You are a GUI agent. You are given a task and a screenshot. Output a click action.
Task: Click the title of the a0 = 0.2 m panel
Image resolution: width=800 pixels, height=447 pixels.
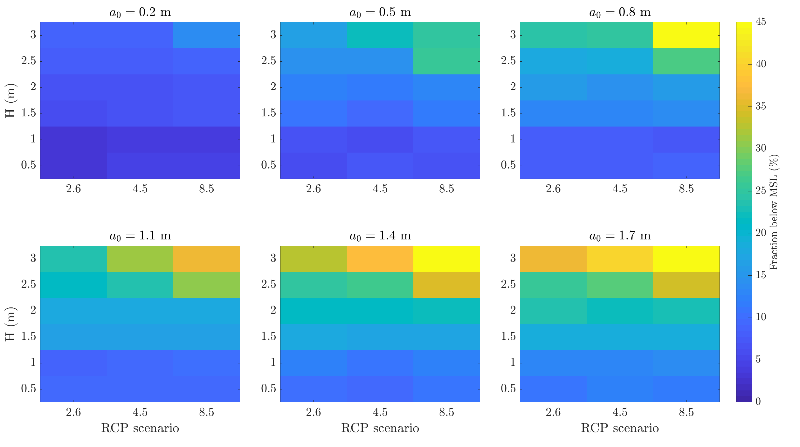pos(140,13)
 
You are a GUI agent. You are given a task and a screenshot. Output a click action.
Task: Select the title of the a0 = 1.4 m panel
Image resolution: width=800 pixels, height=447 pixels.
pos(380,236)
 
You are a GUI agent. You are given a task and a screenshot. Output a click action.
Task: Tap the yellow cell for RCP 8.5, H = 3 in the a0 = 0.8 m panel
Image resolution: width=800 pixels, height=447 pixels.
pos(686,35)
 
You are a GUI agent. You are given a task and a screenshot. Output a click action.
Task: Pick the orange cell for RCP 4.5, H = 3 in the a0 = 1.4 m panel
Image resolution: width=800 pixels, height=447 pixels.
pos(380,259)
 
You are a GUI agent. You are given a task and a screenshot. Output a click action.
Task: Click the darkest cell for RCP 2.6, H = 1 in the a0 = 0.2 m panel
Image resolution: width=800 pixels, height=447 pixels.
pos(73,140)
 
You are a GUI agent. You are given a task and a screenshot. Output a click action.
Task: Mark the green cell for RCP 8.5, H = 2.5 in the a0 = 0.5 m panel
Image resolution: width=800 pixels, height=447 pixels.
pos(446,61)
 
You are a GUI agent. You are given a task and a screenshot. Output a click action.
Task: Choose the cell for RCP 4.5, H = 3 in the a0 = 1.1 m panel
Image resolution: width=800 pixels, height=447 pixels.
pos(140,259)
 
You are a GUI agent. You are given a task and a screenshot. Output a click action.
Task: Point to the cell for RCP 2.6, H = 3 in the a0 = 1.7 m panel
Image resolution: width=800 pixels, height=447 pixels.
pos(553,259)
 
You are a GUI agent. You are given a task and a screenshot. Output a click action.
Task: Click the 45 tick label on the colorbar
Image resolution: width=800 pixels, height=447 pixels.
pos(761,22)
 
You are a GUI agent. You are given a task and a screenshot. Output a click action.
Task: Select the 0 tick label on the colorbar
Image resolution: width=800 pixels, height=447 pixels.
pos(758,402)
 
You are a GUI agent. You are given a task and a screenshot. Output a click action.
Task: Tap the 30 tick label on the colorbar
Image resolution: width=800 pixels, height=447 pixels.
pos(761,148)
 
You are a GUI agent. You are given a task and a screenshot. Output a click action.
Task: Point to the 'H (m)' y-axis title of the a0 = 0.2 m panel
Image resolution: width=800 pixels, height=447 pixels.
pos(10,100)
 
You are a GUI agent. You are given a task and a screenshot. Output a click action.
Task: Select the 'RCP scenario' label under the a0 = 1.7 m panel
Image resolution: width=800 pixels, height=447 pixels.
pos(620,428)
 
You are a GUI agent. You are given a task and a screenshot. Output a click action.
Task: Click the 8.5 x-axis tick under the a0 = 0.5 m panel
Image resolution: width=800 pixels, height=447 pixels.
pos(446,189)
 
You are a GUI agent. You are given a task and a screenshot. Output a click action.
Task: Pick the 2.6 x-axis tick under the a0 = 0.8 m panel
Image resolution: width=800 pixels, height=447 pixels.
pos(553,189)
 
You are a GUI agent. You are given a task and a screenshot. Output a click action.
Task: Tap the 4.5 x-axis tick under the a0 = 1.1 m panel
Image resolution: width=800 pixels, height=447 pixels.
pos(140,412)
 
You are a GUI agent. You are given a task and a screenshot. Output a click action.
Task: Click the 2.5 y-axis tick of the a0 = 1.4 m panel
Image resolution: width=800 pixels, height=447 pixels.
pos(268,285)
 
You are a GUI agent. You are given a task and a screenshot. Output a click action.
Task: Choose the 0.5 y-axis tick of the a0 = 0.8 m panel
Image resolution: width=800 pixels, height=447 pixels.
pos(508,165)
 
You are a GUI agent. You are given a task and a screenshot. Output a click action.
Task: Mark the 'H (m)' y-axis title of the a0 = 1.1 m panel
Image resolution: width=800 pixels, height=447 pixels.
pos(10,324)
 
